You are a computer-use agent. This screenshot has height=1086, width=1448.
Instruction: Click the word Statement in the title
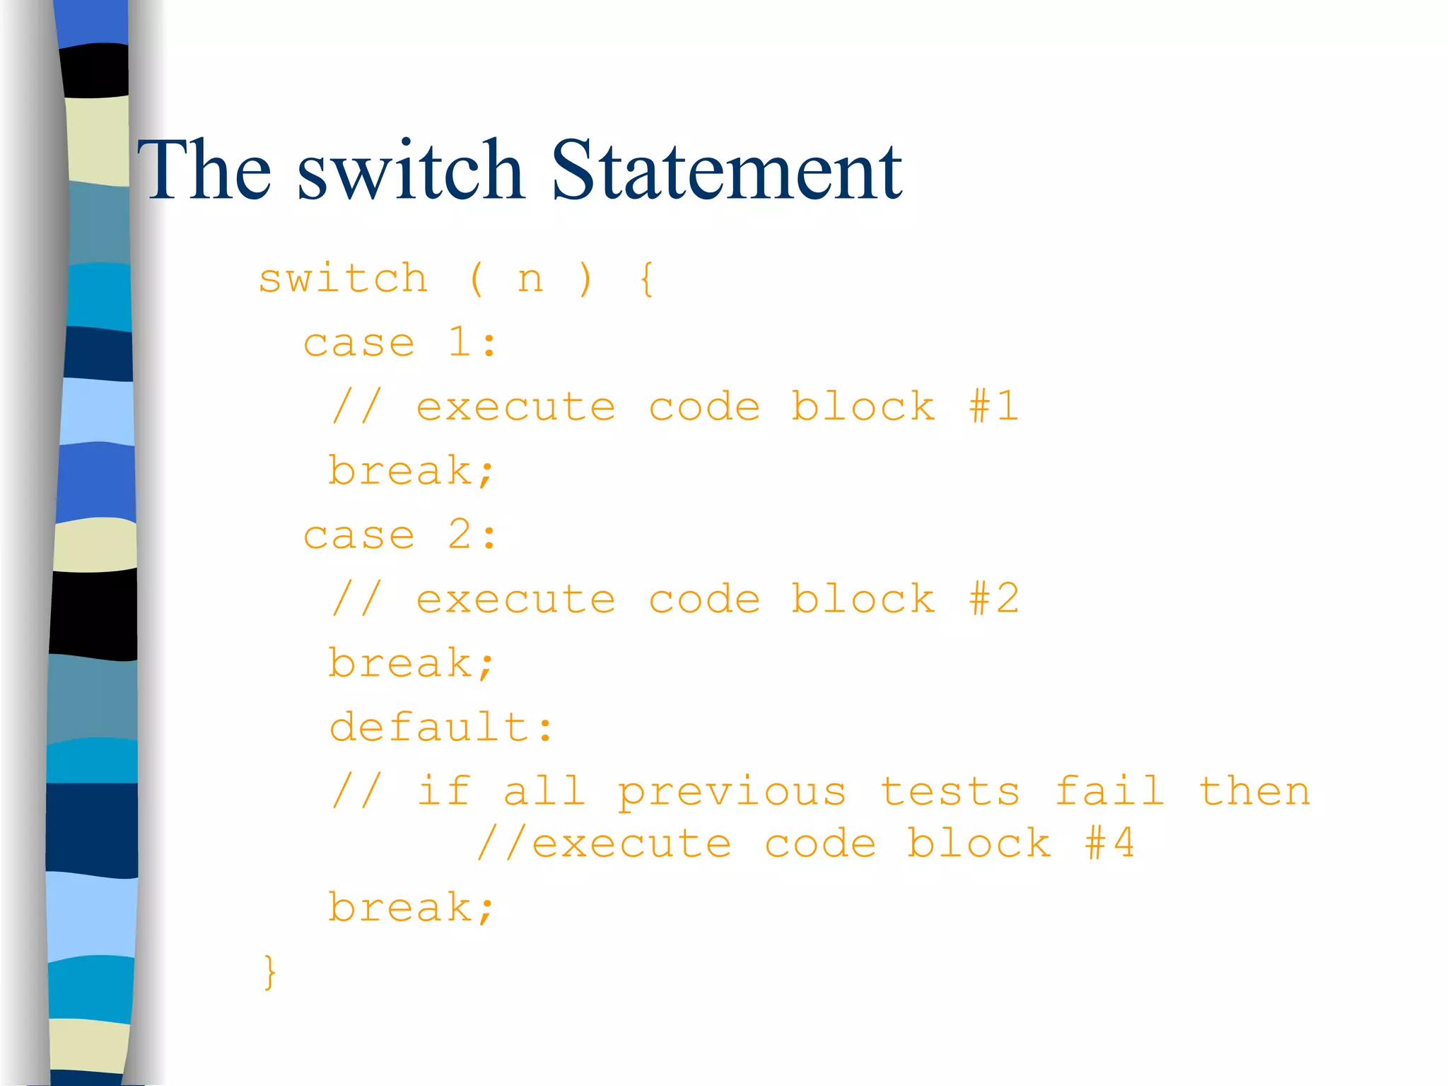[x=726, y=170]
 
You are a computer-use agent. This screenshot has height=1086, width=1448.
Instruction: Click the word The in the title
[x=205, y=170]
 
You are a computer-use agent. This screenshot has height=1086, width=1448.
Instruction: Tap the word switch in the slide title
[x=410, y=170]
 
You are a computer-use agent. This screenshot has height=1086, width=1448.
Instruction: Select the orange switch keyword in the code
[x=343, y=279]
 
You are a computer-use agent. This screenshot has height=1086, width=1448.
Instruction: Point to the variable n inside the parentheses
[x=530, y=280]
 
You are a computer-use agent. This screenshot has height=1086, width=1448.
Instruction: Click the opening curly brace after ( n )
[x=646, y=279]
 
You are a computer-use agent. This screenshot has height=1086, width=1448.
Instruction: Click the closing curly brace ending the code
[x=269, y=972]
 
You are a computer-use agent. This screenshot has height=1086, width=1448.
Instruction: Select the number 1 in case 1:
[x=460, y=343]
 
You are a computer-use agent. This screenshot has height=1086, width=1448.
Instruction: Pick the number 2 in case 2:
[x=460, y=535]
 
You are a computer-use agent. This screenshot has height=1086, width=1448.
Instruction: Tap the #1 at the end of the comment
[x=993, y=407]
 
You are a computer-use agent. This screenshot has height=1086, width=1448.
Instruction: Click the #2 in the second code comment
[x=993, y=599]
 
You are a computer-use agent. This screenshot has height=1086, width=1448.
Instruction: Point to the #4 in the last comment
[x=1109, y=843]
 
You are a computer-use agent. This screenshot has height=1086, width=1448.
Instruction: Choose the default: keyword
[x=440, y=728]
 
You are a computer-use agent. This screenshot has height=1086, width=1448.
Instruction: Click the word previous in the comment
[x=732, y=793]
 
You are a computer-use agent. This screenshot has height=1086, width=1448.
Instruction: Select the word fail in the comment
[x=1109, y=791]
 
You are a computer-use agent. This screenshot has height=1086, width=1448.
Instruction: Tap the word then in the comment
[x=1254, y=791]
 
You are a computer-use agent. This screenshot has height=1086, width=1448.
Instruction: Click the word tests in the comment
[x=950, y=793]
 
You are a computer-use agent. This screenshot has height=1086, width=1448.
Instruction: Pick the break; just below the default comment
[x=411, y=908]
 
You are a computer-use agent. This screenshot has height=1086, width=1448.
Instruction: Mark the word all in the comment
[x=544, y=791]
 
